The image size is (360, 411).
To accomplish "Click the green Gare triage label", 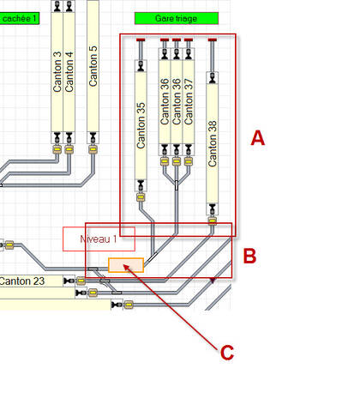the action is click(x=177, y=18).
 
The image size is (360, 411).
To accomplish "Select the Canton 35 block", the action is click(x=141, y=125).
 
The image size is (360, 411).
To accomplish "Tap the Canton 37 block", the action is click(x=189, y=101).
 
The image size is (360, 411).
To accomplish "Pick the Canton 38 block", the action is click(x=213, y=143).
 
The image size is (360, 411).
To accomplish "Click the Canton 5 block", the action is click(x=93, y=66).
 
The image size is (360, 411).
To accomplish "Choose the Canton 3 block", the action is click(x=57, y=72).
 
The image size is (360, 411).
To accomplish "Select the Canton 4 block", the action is click(x=69, y=72).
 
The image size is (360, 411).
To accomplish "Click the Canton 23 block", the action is click(x=31, y=281).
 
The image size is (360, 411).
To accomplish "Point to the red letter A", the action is click(x=258, y=138).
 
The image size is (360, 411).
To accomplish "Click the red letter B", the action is click(x=249, y=256).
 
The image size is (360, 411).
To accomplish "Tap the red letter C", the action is click(x=227, y=353).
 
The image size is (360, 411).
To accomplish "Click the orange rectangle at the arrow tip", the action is click(x=126, y=265).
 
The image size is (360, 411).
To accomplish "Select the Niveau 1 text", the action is click(x=99, y=239).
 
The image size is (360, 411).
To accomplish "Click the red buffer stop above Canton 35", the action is click(x=141, y=39).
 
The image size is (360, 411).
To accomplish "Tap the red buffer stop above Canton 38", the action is click(x=213, y=39).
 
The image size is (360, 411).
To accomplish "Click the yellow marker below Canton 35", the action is click(x=141, y=197).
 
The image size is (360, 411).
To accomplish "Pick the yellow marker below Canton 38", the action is click(x=213, y=221).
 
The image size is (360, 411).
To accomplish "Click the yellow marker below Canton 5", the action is click(x=93, y=149).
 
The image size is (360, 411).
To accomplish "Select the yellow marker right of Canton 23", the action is click(x=81, y=281).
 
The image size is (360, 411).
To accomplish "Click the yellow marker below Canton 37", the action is click(x=189, y=161).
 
